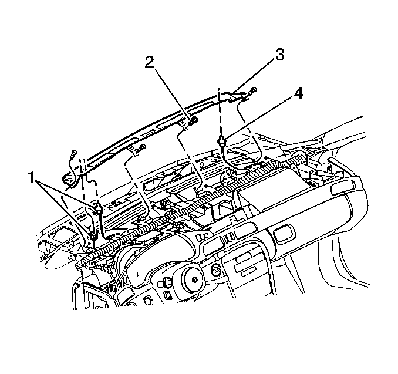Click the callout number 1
[x=31, y=177]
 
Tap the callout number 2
[x=150, y=62]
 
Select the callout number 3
[x=279, y=55]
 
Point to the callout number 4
[x=298, y=94]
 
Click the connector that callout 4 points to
[x=221, y=140]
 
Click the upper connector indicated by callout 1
[x=99, y=208]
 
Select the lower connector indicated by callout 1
[x=93, y=235]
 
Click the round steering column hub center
[x=194, y=279]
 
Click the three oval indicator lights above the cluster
[x=202, y=237]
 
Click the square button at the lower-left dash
[x=147, y=301]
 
